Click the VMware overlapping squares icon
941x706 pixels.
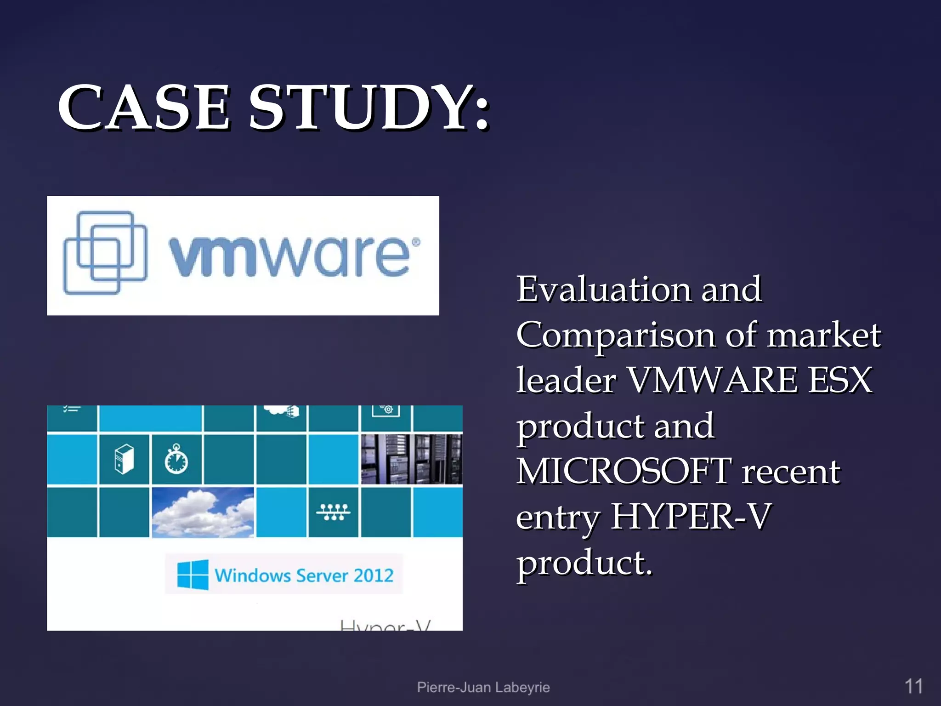(x=105, y=252)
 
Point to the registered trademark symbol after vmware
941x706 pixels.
(x=415, y=242)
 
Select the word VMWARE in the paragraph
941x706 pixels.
(x=712, y=381)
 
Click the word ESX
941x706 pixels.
(x=840, y=381)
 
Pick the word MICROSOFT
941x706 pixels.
(x=624, y=472)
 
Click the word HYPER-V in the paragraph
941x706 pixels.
(x=690, y=517)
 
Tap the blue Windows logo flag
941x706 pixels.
(x=193, y=575)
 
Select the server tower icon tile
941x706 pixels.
(x=124, y=459)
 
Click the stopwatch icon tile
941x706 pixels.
(x=176, y=459)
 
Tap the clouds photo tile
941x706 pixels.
(x=203, y=512)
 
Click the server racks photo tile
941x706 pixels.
(x=411, y=459)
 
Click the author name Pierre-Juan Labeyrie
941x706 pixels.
(x=483, y=687)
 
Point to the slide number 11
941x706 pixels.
(x=913, y=687)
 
